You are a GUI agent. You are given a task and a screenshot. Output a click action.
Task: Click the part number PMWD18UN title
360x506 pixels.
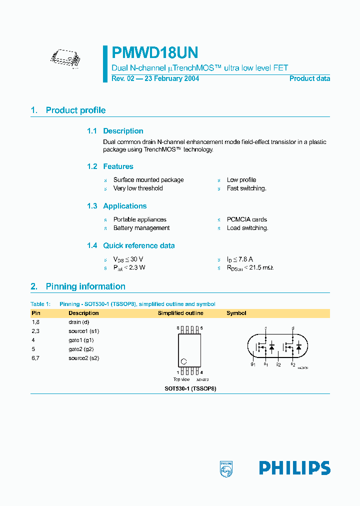coord(154,52)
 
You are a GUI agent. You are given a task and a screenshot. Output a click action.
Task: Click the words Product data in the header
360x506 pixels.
coord(309,78)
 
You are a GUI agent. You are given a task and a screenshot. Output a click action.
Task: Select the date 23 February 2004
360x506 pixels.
coord(171,78)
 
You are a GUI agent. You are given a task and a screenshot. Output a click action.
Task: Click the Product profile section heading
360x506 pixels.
coord(75,110)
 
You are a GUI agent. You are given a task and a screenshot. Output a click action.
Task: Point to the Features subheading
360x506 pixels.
coord(118,166)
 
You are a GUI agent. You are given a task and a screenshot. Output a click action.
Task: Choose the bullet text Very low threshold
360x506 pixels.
coord(138,188)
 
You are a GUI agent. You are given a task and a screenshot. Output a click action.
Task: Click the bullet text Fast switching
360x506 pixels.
coord(246,188)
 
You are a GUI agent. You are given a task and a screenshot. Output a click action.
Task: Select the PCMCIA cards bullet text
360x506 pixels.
coord(246,219)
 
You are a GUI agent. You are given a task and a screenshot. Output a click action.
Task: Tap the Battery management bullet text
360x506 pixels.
coord(141,228)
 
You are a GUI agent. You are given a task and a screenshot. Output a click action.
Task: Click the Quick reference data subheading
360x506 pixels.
coord(139,245)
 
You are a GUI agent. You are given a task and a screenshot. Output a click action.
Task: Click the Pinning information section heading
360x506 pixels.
coord(85,286)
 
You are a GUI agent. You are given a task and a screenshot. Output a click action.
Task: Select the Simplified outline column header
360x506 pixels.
coord(180,313)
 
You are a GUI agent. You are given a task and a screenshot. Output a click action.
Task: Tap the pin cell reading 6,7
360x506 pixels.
coord(36,358)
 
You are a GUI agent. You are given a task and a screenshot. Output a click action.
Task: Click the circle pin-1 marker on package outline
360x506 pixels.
coord(183,361)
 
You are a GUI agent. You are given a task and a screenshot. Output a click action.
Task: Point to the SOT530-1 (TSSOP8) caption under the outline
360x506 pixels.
coord(190,388)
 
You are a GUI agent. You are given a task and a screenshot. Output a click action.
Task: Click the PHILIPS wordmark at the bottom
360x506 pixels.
coord(294,468)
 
